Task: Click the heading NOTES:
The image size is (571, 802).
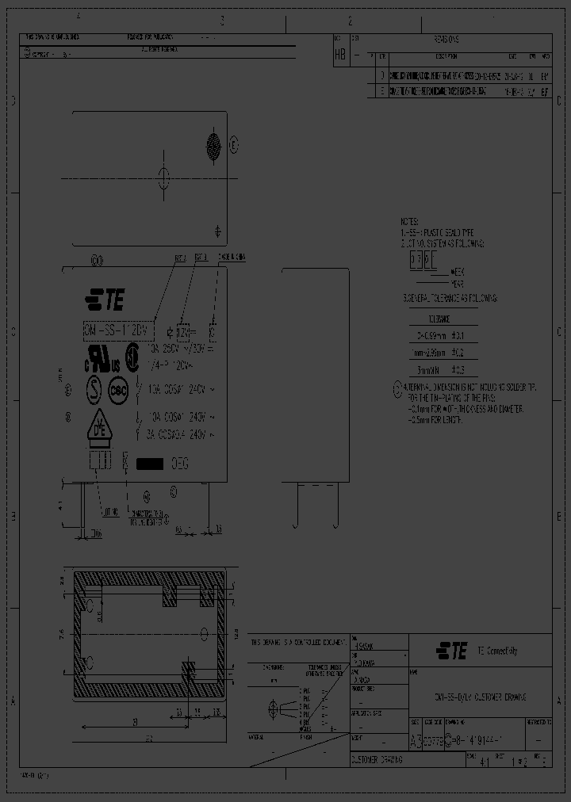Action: [410, 221]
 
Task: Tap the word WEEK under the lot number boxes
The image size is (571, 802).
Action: [458, 272]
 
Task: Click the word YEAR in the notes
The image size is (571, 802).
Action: [458, 282]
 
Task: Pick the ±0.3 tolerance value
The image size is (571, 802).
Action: [457, 369]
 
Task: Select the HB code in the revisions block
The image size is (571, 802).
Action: [340, 54]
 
